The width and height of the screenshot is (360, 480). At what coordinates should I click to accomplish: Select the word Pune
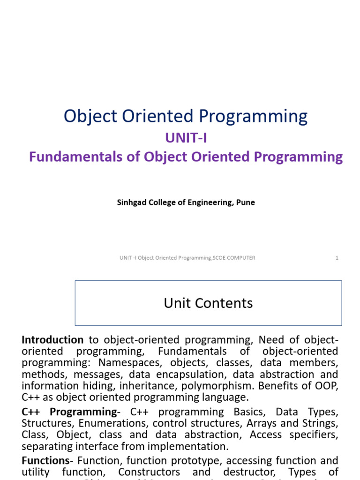click(246, 203)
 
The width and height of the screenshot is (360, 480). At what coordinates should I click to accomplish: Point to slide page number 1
click(337, 258)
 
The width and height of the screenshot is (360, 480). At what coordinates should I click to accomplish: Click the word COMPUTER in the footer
click(239, 258)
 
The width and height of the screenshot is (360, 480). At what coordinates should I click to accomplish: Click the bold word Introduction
click(52, 340)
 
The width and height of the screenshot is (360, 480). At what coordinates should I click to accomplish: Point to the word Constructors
click(149, 472)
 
